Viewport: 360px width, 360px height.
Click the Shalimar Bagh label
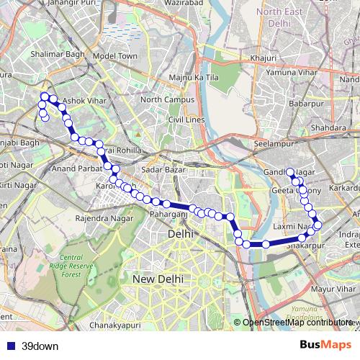click(53, 53)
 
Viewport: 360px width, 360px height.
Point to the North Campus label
click(165, 99)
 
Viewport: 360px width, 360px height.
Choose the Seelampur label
click(271, 143)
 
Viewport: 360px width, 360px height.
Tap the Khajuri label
click(261, 57)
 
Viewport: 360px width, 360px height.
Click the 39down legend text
click(40, 346)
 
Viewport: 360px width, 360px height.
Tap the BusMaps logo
click(326, 345)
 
